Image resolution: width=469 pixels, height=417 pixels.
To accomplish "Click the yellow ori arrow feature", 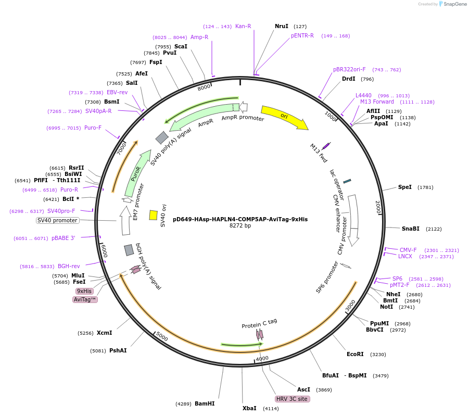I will click(284, 117).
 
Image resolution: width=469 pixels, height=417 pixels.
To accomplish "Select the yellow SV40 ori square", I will click(154, 215).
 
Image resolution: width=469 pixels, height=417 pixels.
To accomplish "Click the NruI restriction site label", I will click(282, 26).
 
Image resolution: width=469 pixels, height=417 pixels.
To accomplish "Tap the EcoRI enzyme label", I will click(355, 355).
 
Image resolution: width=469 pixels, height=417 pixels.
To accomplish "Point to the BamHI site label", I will click(205, 403).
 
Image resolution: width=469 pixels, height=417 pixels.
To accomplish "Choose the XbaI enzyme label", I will click(249, 408).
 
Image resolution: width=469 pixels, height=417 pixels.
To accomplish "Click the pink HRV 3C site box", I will click(292, 399).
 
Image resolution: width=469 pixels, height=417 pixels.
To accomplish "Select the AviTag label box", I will click(85, 299).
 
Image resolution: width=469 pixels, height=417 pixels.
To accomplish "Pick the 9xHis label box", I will click(84, 291).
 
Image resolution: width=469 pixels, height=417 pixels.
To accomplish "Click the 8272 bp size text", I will click(240, 226).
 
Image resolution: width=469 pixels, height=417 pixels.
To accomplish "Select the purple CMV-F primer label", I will click(408, 250).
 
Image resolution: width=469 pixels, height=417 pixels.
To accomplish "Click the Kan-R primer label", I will click(243, 26).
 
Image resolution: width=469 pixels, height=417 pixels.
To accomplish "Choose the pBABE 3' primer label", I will click(63, 238).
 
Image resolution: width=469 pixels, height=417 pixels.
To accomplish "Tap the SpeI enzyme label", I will click(405, 187).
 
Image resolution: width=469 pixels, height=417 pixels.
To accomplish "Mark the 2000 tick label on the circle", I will click(378, 207).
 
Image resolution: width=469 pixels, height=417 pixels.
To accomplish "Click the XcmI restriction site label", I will click(104, 333).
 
